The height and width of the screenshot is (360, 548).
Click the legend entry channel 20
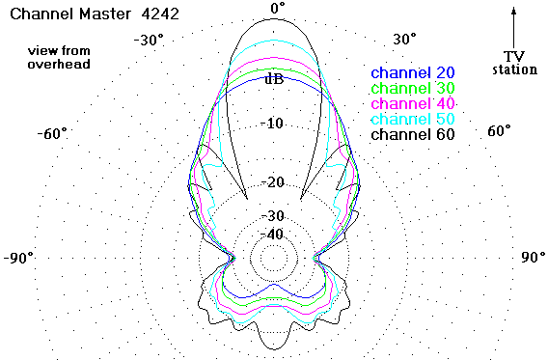coord(413,72)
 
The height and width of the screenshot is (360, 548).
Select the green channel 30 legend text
coord(413,88)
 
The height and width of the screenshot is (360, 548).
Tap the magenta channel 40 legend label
coord(413,103)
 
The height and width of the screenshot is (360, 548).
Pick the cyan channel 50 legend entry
coord(413,119)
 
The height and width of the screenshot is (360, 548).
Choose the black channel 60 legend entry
coord(413,134)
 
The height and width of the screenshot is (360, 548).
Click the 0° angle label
coord(278,8)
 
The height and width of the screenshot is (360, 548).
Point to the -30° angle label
coord(149,40)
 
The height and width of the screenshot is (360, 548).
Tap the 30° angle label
coord(404,39)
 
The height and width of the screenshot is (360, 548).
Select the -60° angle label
coord(52,133)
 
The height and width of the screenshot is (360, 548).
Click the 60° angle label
coord(499,130)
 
